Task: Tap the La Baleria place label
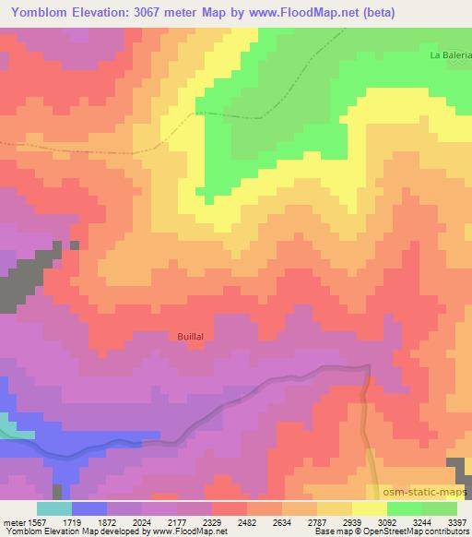450,55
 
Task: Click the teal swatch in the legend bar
53,508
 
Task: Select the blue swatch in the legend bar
88,508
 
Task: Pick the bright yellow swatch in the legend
369,508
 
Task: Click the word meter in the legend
14,523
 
